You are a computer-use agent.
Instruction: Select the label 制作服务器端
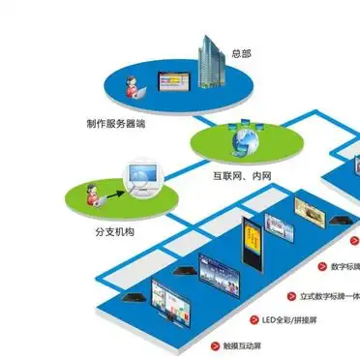[115, 124]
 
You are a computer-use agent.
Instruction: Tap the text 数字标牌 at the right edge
[343, 266]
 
